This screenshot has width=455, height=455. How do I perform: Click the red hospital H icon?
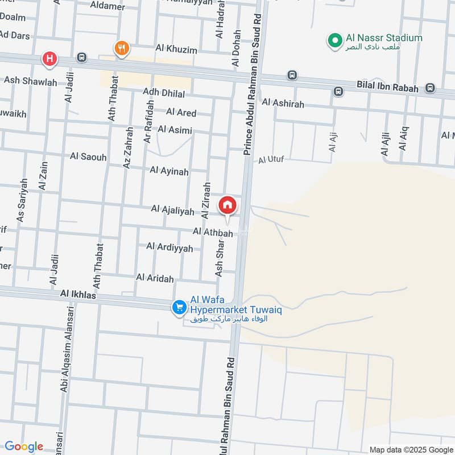tap(49, 59)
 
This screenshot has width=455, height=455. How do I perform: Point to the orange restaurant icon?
tap(121, 48)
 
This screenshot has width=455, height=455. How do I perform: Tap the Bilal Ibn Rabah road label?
tap(387, 88)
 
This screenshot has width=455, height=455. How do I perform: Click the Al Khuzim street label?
tap(176, 50)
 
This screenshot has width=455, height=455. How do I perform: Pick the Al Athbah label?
tap(213, 233)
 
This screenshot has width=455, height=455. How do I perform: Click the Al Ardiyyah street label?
tap(169, 247)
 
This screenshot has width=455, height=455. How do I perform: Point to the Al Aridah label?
tap(155, 277)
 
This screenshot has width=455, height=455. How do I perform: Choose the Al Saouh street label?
tap(88, 156)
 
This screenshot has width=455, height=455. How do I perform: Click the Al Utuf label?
tap(271, 160)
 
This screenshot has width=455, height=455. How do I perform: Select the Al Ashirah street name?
tap(283, 104)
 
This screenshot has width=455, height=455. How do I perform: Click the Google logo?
tap(24, 446)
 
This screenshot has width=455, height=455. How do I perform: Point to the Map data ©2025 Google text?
tap(411, 449)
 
